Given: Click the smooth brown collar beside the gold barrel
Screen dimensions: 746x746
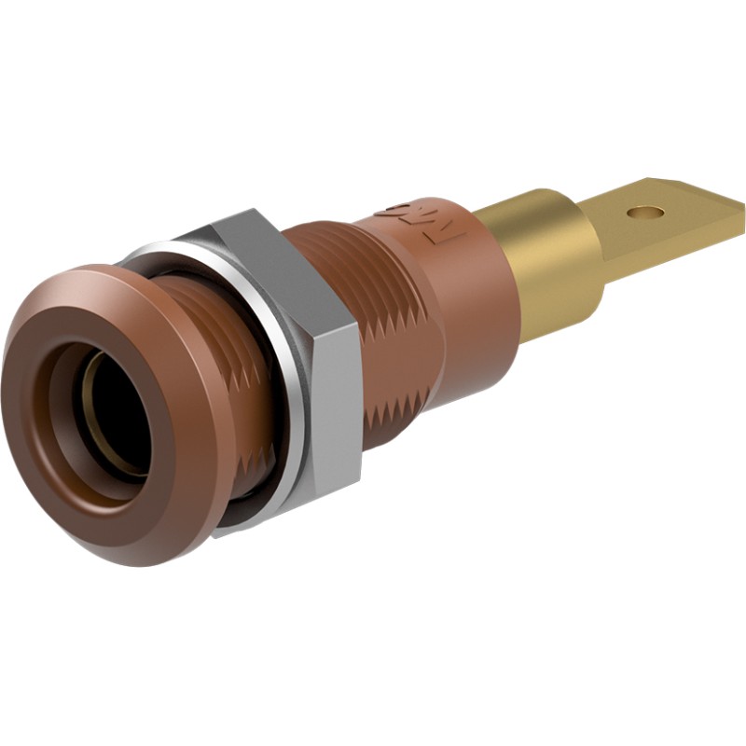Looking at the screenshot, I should (x=466, y=289).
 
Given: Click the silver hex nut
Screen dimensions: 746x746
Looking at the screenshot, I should (x=298, y=373).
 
